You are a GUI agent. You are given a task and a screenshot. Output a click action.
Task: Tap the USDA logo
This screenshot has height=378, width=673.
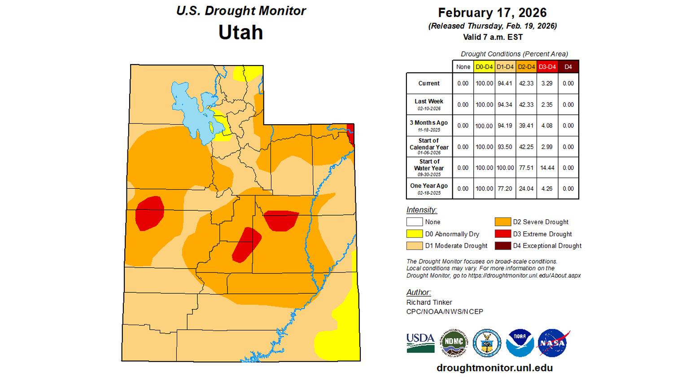pyautogui.click(x=420, y=343)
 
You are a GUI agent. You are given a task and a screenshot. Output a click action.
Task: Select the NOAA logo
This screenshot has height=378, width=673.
pyautogui.click(x=520, y=343)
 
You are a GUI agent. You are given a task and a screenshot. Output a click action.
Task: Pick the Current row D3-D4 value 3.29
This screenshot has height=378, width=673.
pyautogui.click(x=546, y=83)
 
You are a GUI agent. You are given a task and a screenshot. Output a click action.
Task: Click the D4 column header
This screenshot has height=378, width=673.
pyautogui.click(x=568, y=67)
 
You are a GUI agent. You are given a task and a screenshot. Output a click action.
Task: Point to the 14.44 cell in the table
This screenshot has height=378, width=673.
pyautogui.click(x=546, y=168)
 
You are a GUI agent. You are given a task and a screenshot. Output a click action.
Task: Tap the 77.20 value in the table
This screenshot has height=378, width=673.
pyautogui.click(x=505, y=189)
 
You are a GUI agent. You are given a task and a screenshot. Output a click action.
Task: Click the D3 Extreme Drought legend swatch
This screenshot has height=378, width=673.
pyautogui.click(x=503, y=234)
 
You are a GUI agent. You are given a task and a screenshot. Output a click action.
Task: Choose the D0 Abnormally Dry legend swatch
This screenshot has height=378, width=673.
pyautogui.click(x=415, y=234)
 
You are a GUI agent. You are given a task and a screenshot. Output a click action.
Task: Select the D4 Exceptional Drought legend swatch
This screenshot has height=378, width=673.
pyautogui.click(x=503, y=246)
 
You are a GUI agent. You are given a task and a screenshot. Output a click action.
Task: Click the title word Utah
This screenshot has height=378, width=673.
pyautogui.click(x=240, y=32)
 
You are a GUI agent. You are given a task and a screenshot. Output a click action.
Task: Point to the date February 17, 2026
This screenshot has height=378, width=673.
pyautogui.click(x=492, y=13)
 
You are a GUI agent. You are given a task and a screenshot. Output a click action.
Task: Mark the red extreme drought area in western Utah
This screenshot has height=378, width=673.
pyautogui.click(x=149, y=213)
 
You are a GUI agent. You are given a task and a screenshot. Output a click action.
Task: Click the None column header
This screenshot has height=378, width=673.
pyautogui.click(x=463, y=67)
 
